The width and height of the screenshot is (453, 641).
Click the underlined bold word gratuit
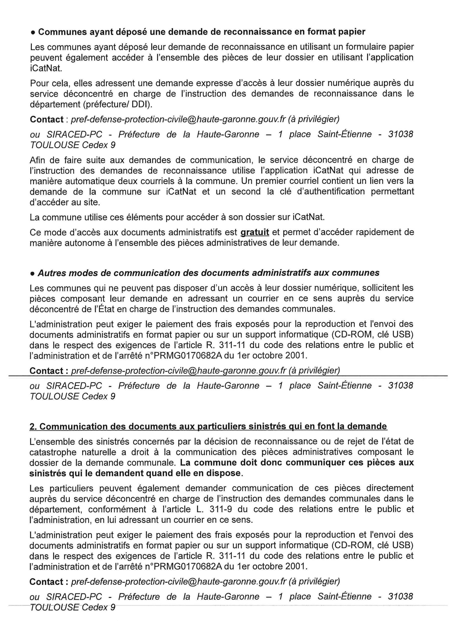255,232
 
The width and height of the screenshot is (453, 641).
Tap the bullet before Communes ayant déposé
33,33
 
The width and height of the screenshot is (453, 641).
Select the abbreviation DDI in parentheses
142,104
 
